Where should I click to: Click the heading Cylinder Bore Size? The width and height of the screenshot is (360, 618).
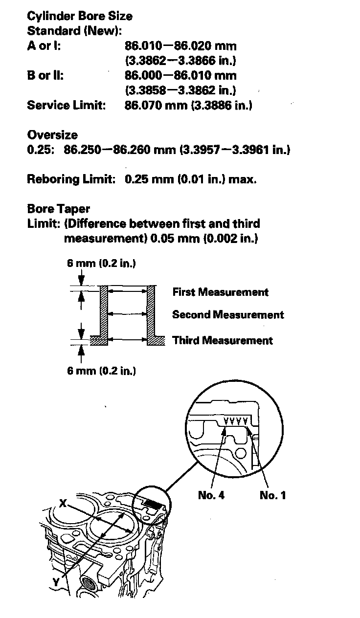80,16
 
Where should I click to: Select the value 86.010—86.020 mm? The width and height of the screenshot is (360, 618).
180,46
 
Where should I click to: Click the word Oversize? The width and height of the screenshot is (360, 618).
52,135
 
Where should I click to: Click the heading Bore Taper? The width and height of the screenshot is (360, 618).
59,209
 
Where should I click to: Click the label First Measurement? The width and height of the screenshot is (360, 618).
220,292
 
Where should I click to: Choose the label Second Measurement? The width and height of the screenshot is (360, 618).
228,315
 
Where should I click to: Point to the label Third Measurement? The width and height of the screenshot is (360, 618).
223,340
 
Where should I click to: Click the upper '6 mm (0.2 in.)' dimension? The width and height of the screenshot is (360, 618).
101,264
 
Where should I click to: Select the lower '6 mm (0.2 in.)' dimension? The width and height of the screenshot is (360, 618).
101,371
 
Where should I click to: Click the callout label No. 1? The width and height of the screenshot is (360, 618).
272,495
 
